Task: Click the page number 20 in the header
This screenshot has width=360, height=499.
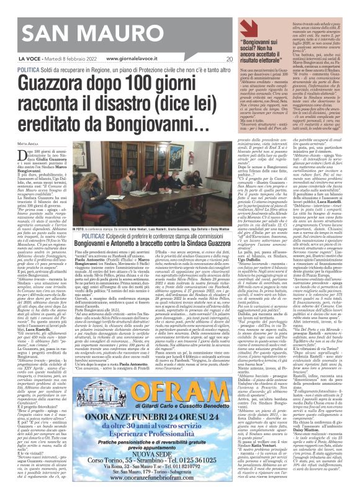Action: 229,60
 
